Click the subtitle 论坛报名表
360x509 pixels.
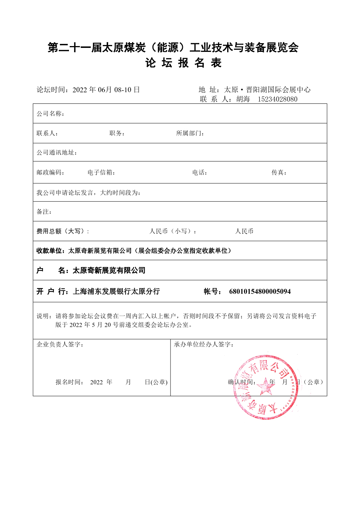tap(183, 63)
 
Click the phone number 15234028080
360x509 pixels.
tap(277, 99)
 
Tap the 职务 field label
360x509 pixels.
tap(117, 133)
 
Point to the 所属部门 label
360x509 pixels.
tap(190, 133)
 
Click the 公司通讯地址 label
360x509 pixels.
tap(57, 152)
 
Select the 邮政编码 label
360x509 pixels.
tap(50, 172)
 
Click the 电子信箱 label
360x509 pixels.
tap(101, 172)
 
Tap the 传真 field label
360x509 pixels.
tap(279, 172)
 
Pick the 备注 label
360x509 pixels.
tap(44, 212)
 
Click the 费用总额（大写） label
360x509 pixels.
tap(62, 231)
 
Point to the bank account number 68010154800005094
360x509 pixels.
tap(260, 291)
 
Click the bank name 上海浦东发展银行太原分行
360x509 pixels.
tap(116, 291)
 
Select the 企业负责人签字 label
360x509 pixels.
tap(60, 344)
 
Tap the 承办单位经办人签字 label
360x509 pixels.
tap(203, 344)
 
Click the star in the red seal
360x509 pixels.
tap(266, 387)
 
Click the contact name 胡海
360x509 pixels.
tap(243, 99)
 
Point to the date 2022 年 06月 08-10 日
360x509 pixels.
tap(106, 90)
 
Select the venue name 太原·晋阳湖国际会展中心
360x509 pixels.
tap(267, 90)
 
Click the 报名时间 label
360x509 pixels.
tap(69, 382)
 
